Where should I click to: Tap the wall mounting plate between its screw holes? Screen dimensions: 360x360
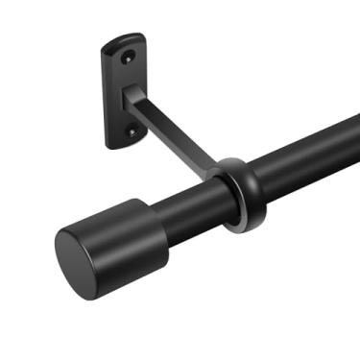tap(120, 93)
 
